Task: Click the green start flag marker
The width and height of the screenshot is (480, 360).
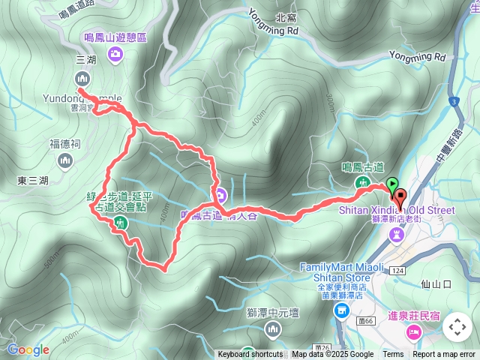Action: click(392, 184)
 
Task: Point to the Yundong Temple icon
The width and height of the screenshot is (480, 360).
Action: click(82, 78)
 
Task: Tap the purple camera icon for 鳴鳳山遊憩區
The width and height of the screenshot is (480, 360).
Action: click(115, 52)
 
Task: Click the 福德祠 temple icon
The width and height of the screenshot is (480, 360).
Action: click(65, 159)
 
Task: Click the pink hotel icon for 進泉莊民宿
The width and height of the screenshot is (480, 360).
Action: click(412, 331)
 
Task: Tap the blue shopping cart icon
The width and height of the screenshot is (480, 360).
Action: click(342, 310)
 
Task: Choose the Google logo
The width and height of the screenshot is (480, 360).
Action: click(28, 349)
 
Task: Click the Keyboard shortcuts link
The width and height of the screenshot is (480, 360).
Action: click(250, 355)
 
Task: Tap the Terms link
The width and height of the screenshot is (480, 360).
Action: click(393, 355)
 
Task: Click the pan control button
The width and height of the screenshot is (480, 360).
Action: click(457, 328)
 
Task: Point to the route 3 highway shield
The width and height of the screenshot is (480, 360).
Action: click(453, 100)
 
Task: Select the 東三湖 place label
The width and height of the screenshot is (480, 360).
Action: click(33, 181)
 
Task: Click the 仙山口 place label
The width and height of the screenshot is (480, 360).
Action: click(436, 284)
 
